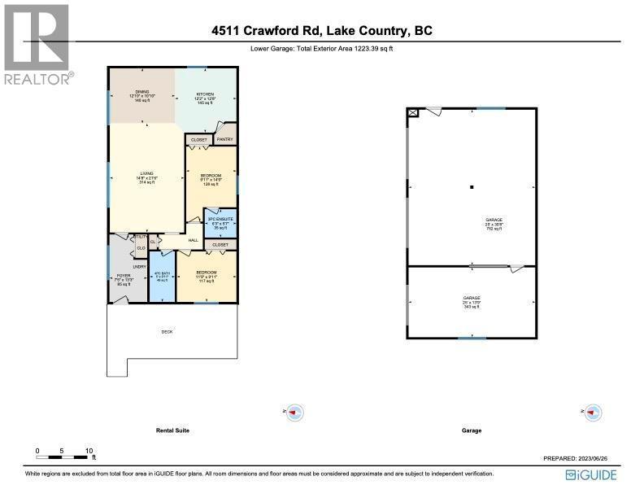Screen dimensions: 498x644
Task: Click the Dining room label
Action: tap(142, 95)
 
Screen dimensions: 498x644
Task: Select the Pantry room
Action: tap(225, 139)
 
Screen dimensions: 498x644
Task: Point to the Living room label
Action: tap(147, 177)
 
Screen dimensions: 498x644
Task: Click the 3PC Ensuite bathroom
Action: tap(220, 222)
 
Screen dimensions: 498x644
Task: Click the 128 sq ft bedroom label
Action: tap(211, 180)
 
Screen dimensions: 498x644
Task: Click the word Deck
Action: tap(166, 332)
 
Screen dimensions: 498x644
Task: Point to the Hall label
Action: tap(194, 240)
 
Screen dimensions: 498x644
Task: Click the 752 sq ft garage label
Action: tap(494, 225)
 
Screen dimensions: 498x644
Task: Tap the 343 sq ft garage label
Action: tap(472, 303)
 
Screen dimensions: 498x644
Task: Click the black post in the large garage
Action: tap(472, 188)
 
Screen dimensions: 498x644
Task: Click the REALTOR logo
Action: tap(37, 44)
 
